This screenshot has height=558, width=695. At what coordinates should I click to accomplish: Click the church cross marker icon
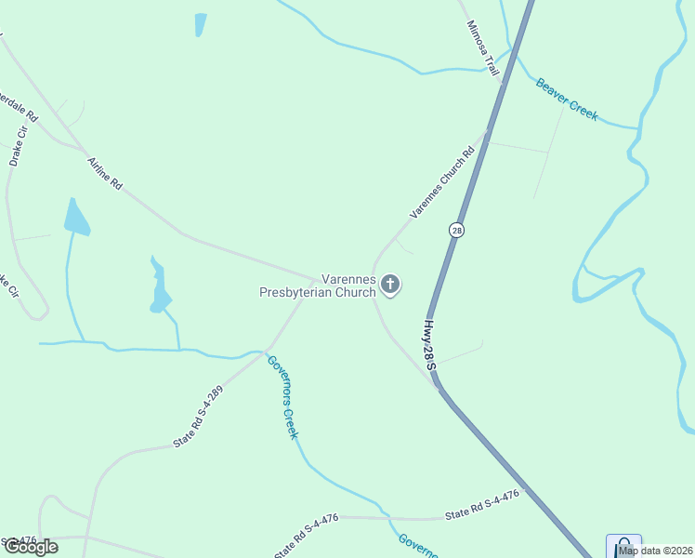tap(390, 285)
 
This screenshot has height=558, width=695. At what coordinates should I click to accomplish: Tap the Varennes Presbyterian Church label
tap(318, 285)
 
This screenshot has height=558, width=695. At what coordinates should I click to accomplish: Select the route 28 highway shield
tap(455, 230)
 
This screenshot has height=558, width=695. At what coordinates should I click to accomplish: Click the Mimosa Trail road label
tap(483, 47)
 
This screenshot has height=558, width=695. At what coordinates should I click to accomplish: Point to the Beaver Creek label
tap(566, 99)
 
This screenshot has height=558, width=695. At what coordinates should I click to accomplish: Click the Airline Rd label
tap(105, 174)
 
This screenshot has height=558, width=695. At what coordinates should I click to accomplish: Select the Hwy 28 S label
tap(430, 344)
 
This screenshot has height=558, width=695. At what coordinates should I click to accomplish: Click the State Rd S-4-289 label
tap(199, 418)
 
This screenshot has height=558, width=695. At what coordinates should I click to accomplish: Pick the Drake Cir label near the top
tap(17, 146)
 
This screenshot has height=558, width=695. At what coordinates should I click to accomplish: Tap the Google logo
tap(31, 547)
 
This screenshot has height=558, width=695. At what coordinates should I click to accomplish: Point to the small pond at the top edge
tap(200, 24)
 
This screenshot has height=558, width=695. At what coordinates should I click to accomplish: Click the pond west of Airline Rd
tap(75, 218)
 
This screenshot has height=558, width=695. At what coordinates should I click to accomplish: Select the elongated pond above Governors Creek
tap(160, 286)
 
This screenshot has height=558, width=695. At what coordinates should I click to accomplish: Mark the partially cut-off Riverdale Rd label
tap(19, 107)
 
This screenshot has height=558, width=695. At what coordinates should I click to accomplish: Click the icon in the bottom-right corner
tap(623, 545)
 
